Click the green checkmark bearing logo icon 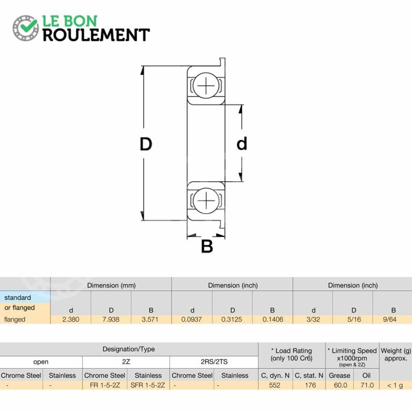click(25, 28)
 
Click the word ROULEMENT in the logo click(96, 35)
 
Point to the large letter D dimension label click(146, 144)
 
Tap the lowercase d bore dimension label click(242, 144)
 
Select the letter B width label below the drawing click(207, 247)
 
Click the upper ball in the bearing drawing click(206, 85)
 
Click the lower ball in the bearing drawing click(206, 200)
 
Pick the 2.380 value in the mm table click(71, 319)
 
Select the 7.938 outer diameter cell click(111, 319)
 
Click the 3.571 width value click(150, 319)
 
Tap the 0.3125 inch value click(232, 319)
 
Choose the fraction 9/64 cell click(390, 319)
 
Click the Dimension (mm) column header click(111, 285)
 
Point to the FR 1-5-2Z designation click(105, 385)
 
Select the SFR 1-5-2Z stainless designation click(148, 385)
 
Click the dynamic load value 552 click(274, 385)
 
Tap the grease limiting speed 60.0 click(340, 385)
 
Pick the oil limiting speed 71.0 click(367, 385)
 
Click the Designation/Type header click(128, 349)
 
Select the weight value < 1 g click(395, 385)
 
